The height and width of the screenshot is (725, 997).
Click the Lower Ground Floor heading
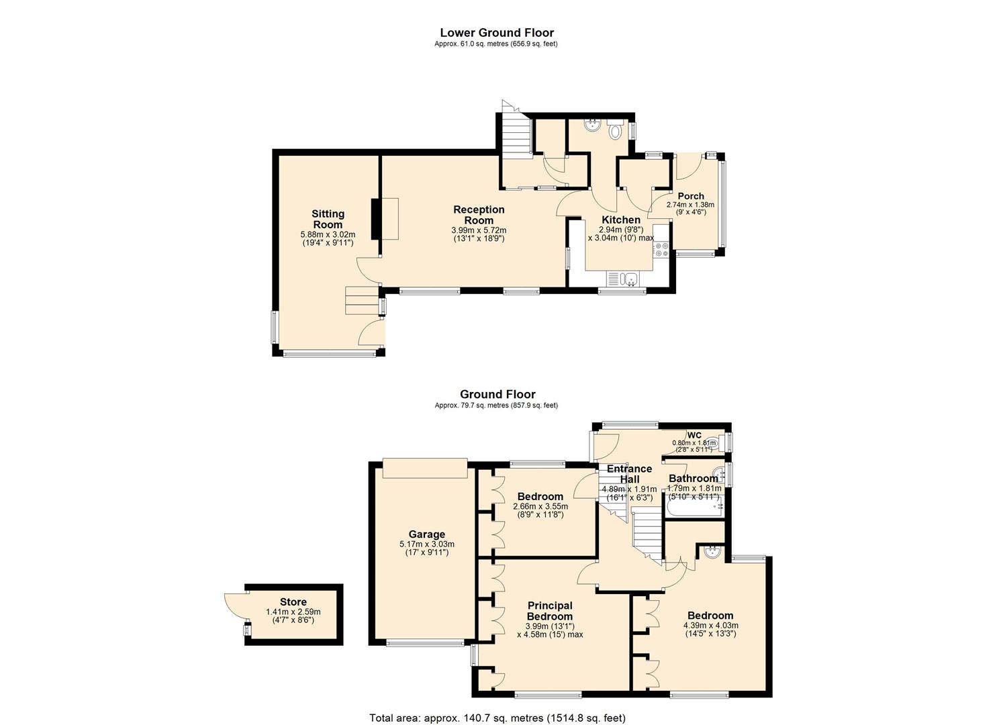(497, 32)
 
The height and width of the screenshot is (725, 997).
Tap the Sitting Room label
(328, 219)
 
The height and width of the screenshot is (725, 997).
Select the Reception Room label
(479, 215)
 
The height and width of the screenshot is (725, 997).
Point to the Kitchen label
(621, 220)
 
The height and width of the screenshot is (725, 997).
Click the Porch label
(691, 196)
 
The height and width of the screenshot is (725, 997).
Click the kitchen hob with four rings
(661, 249)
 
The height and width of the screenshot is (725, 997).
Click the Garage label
(427, 534)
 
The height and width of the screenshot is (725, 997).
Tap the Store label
(293, 601)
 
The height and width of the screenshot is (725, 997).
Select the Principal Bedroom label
(550, 611)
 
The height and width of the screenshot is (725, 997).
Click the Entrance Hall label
(629, 473)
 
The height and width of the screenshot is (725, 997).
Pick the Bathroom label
(694, 479)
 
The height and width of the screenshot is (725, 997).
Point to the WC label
(694, 435)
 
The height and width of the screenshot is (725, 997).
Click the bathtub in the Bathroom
(694, 506)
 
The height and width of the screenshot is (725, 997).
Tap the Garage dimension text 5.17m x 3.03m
(427, 544)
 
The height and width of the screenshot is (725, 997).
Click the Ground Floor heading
(497, 394)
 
